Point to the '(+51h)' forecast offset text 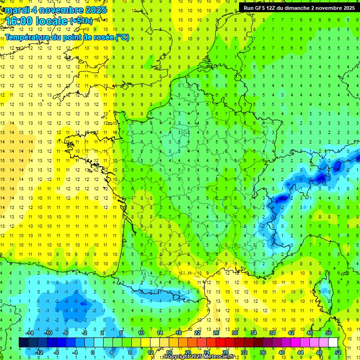tap(81, 21)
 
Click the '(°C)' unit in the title tap(122, 37)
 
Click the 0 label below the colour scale tap(92, 352)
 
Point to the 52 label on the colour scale tap(337, 352)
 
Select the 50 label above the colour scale tap(329, 333)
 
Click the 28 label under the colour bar tap(225, 352)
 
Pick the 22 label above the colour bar tap(197, 333)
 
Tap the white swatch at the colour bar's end tap(333, 342)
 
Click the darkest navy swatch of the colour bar tap(23, 342)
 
